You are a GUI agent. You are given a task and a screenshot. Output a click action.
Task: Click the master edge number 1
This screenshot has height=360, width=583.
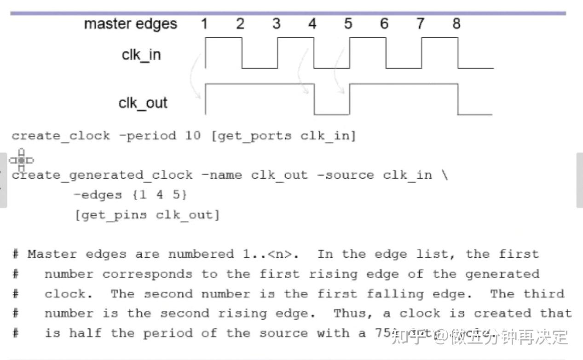(x=204, y=23)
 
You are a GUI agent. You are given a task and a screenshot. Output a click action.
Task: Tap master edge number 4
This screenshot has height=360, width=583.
(x=312, y=23)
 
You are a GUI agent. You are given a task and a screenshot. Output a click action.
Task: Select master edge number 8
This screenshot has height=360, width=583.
(x=456, y=23)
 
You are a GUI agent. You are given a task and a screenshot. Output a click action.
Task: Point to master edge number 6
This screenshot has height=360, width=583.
(x=384, y=23)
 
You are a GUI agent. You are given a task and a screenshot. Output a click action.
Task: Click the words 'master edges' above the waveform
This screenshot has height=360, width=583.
(x=130, y=24)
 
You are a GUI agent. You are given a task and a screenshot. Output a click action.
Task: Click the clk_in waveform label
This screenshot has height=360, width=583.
(x=141, y=55)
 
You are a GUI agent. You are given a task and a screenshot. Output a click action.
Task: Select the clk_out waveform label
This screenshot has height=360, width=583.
(x=143, y=103)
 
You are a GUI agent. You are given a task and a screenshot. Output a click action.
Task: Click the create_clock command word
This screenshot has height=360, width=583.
(x=61, y=136)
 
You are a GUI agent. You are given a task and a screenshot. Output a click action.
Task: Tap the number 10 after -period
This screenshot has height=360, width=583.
(x=193, y=136)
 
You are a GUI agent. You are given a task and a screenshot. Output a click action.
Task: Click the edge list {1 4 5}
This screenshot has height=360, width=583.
(x=160, y=195)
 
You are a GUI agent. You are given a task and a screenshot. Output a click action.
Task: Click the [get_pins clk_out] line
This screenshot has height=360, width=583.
(x=147, y=215)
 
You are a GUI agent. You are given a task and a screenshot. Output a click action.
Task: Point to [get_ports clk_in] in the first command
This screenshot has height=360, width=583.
(x=283, y=136)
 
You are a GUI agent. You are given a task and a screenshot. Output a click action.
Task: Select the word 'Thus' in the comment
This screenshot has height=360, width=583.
(x=350, y=314)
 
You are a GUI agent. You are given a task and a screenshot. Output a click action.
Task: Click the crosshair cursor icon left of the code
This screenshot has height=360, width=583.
(x=21, y=160)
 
